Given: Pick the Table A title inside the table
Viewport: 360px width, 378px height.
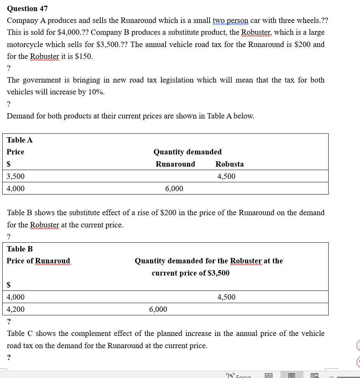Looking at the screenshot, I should (20, 140).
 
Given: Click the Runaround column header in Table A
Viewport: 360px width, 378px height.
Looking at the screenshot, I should (175, 164).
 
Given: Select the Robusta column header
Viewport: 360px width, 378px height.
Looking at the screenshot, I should (230, 164).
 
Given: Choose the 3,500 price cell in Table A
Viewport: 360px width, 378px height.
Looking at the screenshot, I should (16, 176).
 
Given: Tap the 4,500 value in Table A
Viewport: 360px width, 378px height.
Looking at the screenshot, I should (226, 176).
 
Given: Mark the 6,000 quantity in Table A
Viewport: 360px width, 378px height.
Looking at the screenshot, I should (174, 188).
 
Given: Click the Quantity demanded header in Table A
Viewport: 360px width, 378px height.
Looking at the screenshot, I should (187, 152).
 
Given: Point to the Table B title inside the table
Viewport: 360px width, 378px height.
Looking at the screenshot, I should (20, 249).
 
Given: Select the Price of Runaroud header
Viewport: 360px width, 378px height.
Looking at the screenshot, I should (38, 261).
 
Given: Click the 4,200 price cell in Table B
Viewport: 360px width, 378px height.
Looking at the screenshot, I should (16, 309).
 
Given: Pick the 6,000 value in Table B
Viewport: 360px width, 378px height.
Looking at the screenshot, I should (158, 309).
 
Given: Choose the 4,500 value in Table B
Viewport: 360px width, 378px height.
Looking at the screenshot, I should (226, 297).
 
